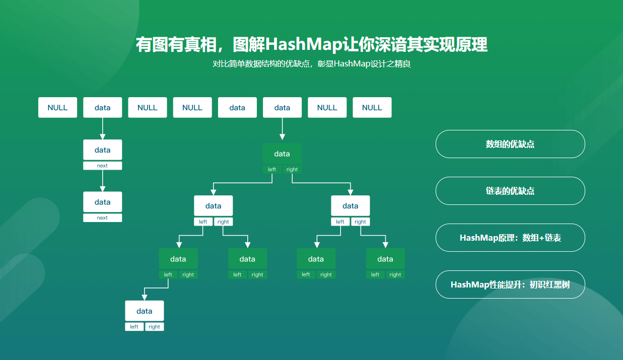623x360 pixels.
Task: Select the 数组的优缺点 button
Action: click(x=510, y=144)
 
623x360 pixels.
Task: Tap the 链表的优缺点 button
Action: click(x=510, y=191)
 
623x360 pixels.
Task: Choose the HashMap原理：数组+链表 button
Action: click(x=510, y=238)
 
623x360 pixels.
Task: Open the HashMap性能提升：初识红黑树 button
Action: click(x=510, y=284)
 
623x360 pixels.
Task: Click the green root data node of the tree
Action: click(x=282, y=154)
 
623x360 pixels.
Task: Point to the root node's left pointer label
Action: click(x=272, y=170)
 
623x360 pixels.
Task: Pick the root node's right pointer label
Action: click(x=292, y=170)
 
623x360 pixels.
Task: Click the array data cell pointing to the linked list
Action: click(x=103, y=108)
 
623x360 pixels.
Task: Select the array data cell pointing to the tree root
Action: click(x=282, y=108)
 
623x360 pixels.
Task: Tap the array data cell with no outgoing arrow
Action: click(x=237, y=108)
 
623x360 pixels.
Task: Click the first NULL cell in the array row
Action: click(x=57, y=108)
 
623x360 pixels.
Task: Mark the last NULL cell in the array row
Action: click(x=372, y=108)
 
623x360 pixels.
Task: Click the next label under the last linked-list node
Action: click(x=103, y=218)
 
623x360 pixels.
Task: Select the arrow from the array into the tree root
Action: click(x=282, y=129)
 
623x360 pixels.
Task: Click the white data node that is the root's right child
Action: click(x=351, y=206)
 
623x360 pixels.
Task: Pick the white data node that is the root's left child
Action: click(x=214, y=206)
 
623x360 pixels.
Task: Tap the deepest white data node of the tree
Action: click(x=145, y=311)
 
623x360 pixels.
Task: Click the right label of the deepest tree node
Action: click(x=155, y=327)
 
